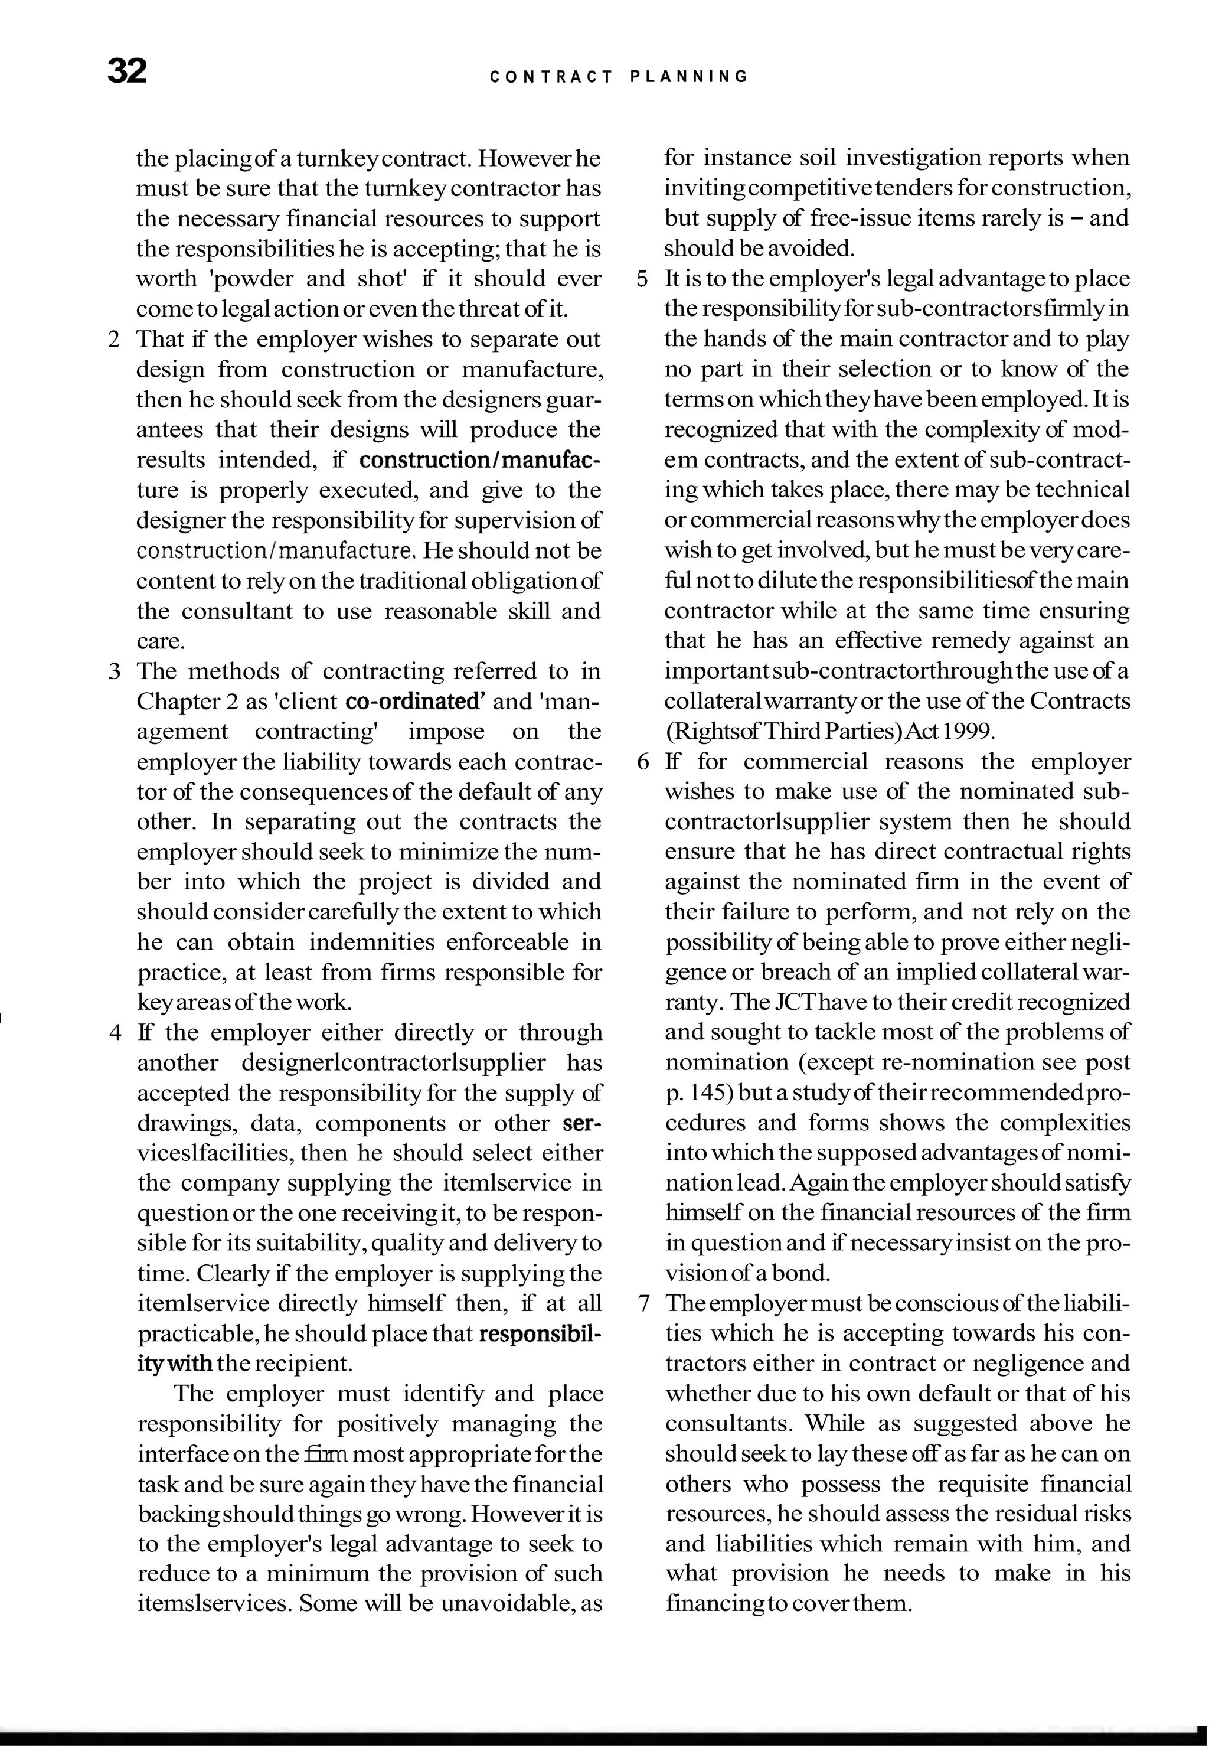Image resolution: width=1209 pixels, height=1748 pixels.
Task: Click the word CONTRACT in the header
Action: click(x=551, y=77)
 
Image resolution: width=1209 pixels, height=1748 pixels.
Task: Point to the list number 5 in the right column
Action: click(x=642, y=279)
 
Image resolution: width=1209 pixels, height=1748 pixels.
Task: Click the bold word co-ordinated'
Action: click(x=414, y=701)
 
